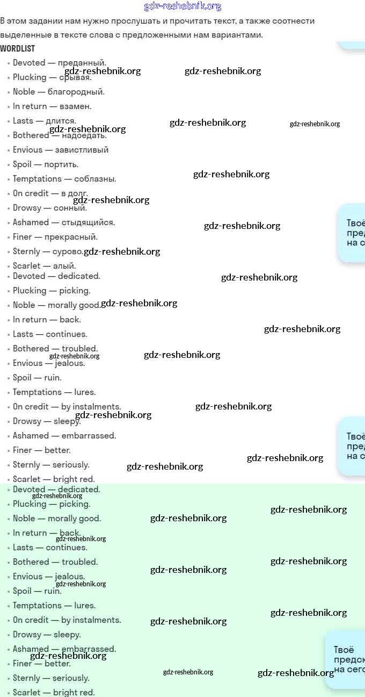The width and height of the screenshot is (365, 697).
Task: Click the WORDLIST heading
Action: [x=18, y=48]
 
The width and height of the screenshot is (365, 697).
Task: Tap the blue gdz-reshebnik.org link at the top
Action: [x=182, y=6]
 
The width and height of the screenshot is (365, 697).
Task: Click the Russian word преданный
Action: [x=82, y=63]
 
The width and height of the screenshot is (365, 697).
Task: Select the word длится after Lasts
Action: [x=61, y=121]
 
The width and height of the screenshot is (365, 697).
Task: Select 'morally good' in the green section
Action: [x=74, y=519]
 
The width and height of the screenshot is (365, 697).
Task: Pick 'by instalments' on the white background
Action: [x=91, y=407]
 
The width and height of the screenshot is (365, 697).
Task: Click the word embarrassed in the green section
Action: [x=89, y=649]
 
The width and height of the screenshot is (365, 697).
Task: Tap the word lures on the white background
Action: [x=84, y=392]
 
